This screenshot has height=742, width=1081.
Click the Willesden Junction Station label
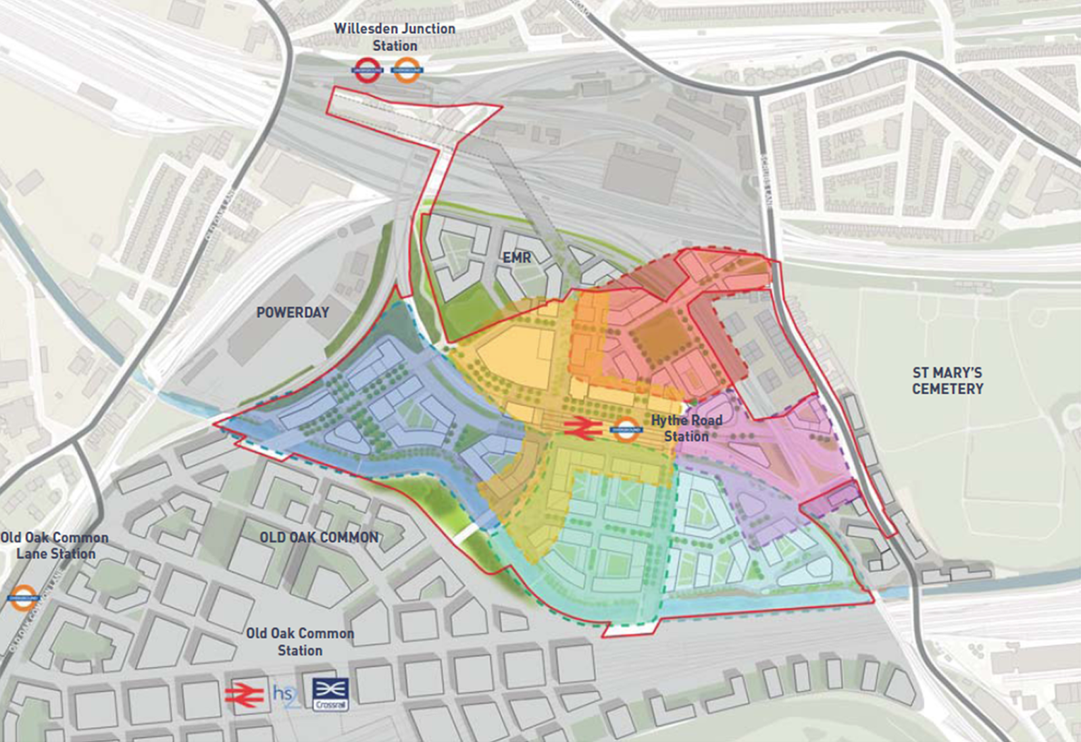[x=395, y=37]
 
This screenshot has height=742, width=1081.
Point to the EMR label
[x=517, y=257]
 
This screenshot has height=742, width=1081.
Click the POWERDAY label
[x=293, y=312]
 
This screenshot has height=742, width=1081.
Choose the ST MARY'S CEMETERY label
[x=947, y=380]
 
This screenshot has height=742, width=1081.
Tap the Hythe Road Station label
[x=686, y=428]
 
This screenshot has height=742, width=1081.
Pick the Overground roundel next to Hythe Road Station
[x=626, y=428]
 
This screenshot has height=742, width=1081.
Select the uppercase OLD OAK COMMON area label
[x=319, y=537]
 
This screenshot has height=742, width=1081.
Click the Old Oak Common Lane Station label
[x=55, y=545]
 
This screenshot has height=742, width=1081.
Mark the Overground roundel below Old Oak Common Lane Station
[x=24, y=598]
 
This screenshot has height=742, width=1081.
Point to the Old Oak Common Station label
[x=300, y=641]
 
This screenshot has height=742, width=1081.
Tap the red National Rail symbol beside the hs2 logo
[x=245, y=695]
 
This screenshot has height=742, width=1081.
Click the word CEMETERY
[x=947, y=389]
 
